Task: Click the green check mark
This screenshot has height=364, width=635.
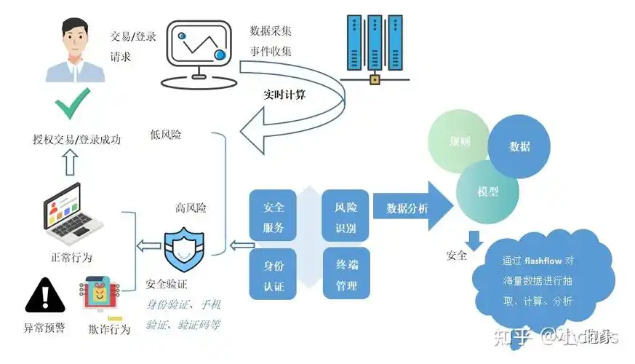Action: [73, 103]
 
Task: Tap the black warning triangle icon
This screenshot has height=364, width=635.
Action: [45, 295]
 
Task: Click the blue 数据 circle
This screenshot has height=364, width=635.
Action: [519, 146]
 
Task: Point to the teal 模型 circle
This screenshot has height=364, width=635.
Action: [487, 191]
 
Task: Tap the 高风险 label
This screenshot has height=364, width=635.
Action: [191, 207]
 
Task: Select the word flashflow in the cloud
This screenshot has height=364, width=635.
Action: [546, 260]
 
